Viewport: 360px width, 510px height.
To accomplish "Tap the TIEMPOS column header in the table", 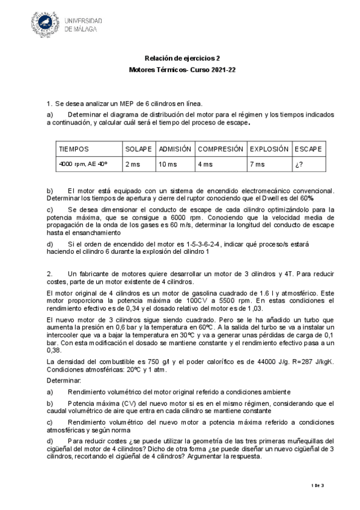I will coord(74,149).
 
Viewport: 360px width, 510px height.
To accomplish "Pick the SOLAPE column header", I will coord(138,149).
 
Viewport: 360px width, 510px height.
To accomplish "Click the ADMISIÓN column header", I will coord(175,149).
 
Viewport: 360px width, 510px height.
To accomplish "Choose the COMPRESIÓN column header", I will coord(221,149).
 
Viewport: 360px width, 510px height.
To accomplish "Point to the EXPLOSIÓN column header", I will coord(269,149).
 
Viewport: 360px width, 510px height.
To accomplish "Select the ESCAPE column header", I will coord(308,149).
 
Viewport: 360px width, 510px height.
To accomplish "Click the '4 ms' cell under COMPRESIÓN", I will coord(205,164).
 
